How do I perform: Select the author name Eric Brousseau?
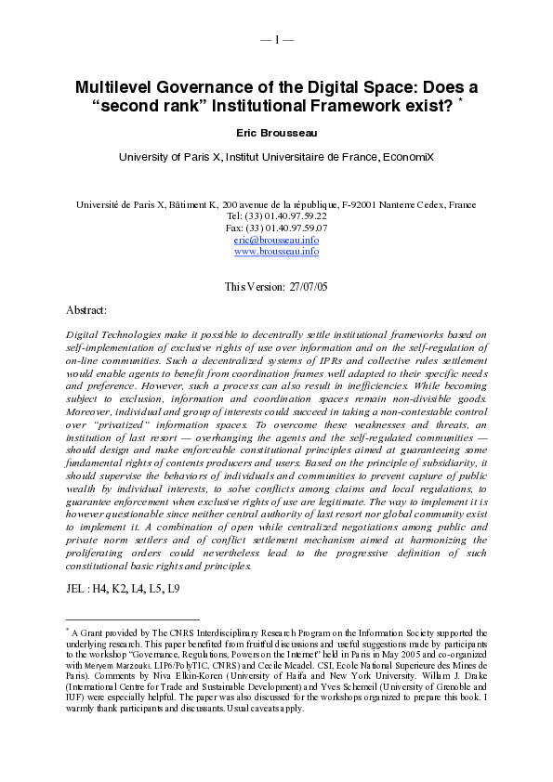[x=276, y=134]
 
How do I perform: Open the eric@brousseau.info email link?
[x=276, y=240]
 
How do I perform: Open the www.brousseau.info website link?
[x=276, y=251]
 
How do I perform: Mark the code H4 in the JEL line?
[x=105, y=589]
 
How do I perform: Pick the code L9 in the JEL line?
[x=173, y=589]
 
